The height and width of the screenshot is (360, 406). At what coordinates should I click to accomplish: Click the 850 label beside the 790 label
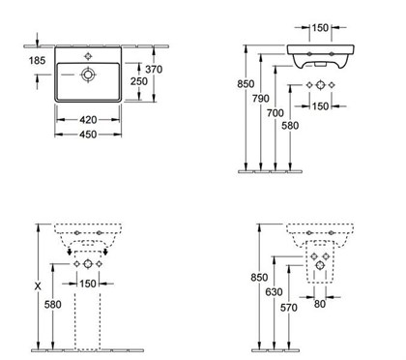(245, 84)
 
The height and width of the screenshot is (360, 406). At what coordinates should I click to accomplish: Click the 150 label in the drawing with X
(88, 284)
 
